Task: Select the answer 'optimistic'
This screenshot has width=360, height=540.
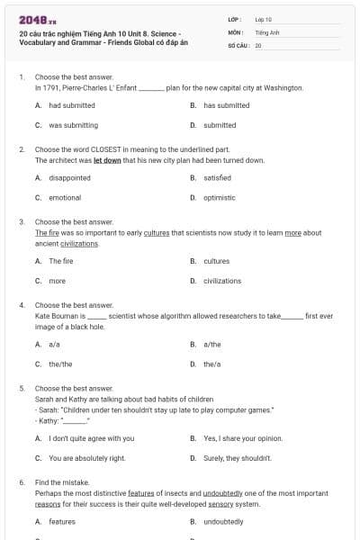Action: (x=219, y=197)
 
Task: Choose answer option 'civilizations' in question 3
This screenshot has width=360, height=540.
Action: (x=222, y=281)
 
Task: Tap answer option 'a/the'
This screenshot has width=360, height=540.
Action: (x=212, y=344)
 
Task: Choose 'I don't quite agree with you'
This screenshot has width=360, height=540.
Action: (x=91, y=438)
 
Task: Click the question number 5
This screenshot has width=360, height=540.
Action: (x=22, y=388)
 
